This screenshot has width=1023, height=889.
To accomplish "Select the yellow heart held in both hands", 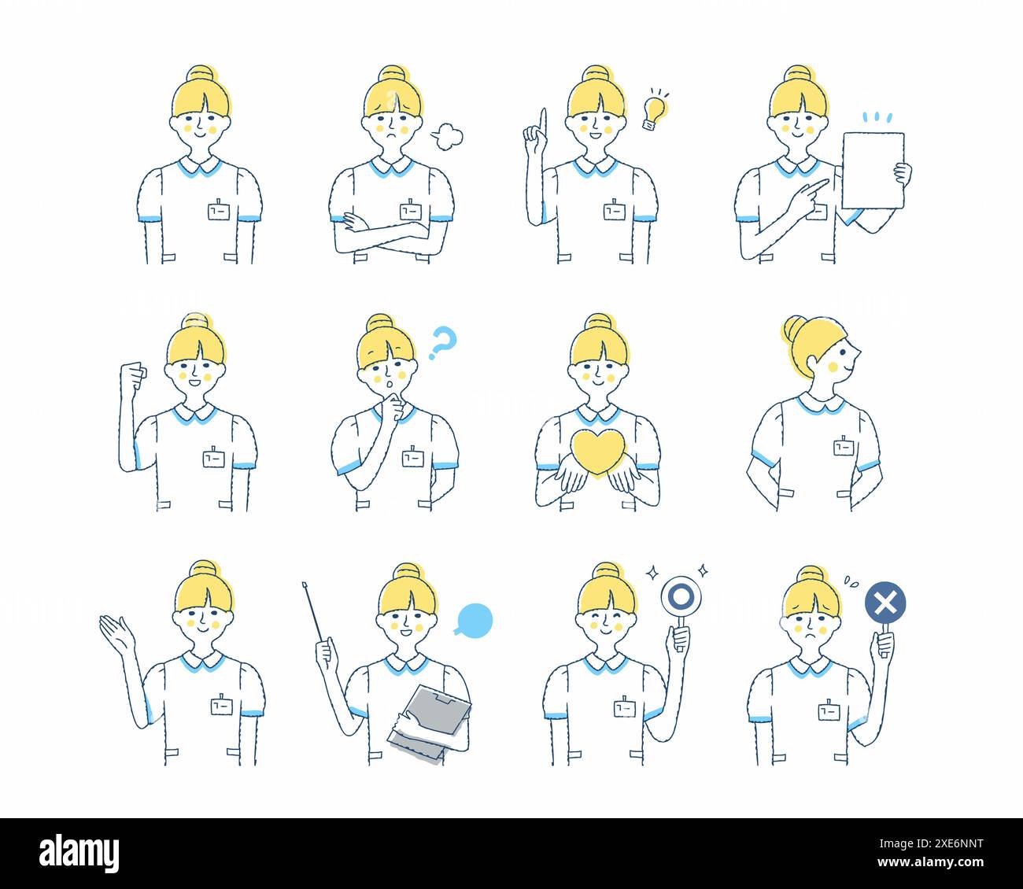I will click(x=598, y=453).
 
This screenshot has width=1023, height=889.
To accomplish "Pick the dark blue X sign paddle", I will click(x=885, y=603).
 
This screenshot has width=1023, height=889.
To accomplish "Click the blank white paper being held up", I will click(x=873, y=170).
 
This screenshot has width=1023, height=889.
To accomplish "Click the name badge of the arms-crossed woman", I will click(x=410, y=211).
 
